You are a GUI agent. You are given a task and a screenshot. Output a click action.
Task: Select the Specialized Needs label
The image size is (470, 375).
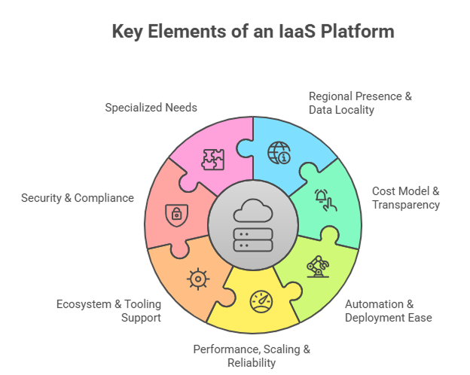[x=151, y=108]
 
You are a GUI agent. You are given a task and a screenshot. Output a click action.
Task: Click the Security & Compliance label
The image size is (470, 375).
[x=78, y=198]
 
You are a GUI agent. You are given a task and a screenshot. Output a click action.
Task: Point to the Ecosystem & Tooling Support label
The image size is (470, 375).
[x=108, y=311]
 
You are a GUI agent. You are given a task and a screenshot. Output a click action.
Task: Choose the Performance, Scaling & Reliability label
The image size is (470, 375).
[x=252, y=355]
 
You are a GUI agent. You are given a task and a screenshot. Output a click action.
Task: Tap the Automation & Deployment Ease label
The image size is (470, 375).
[x=388, y=311]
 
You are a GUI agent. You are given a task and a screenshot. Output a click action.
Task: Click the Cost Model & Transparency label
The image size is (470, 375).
[x=405, y=197]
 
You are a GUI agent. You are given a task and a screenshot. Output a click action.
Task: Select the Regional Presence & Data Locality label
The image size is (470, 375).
[x=360, y=103]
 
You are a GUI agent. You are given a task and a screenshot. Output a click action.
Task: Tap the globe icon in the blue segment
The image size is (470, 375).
[x=278, y=154]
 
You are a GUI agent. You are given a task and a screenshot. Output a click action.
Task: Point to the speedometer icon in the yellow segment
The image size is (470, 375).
[x=260, y=301]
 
